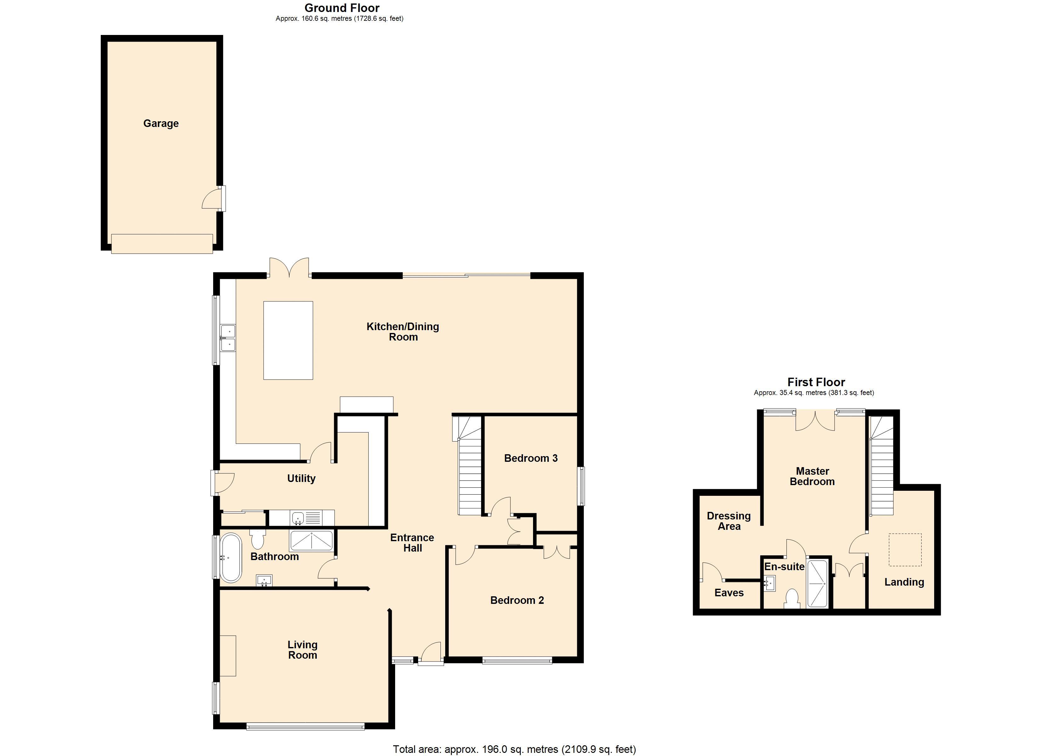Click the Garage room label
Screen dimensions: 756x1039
[x=161, y=123]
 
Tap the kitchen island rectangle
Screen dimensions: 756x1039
[x=288, y=340]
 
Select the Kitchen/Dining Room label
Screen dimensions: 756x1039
[x=403, y=331]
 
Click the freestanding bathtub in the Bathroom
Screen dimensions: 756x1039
[x=231, y=558]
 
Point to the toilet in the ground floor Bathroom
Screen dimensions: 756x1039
[x=258, y=539]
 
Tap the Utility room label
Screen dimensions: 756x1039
[x=301, y=478]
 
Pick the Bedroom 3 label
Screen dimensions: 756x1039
[x=531, y=458]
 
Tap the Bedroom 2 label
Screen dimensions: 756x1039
[x=517, y=600]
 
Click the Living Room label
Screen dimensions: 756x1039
[x=302, y=650]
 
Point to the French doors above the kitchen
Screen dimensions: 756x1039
[x=289, y=268]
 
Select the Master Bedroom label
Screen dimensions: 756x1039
[x=812, y=476]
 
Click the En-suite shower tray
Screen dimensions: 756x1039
[x=817, y=583]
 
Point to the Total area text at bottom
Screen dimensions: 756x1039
[x=514, y=749]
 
